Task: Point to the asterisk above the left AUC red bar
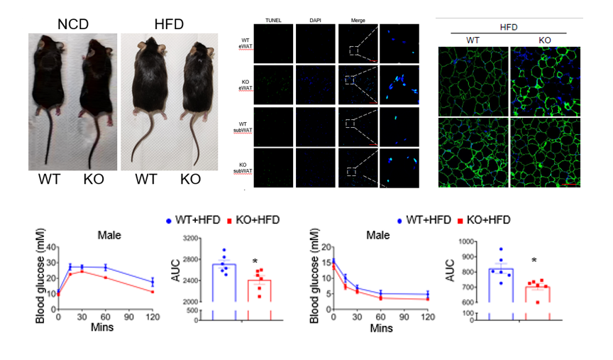[x=254, y=261]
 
